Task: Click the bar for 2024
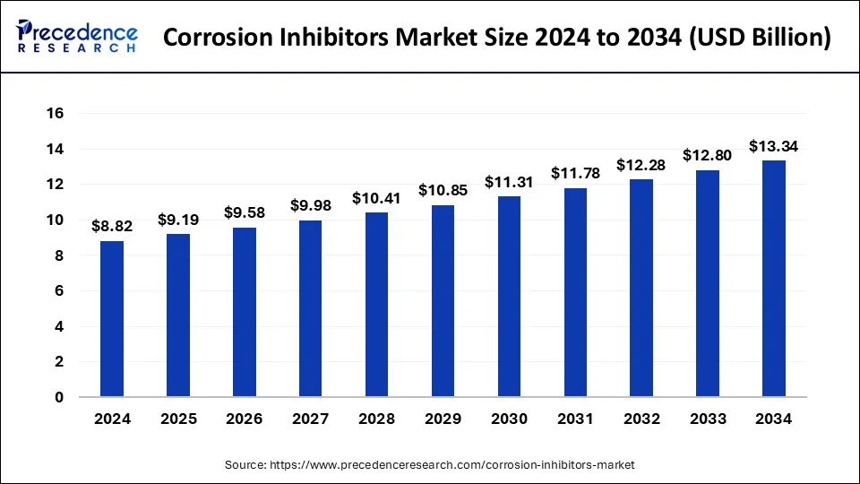click(x=112, y=318)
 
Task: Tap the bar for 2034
click(x=774, y=278)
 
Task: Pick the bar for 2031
click(x=575, y=292)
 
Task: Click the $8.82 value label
click(x=112, y=227)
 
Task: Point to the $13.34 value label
click(x=774, y=146)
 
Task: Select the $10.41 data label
click(x=376, y=198)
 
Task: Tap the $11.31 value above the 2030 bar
click(x=509, y=182)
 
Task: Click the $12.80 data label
click(x=708, y=155)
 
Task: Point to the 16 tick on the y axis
click(x=56, y=114)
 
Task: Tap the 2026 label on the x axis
click(x=244, y=419)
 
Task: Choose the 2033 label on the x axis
click(x=708, y=419)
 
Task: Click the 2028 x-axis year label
click(x=376, y=419)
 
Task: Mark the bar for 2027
click(x=310, y=308)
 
